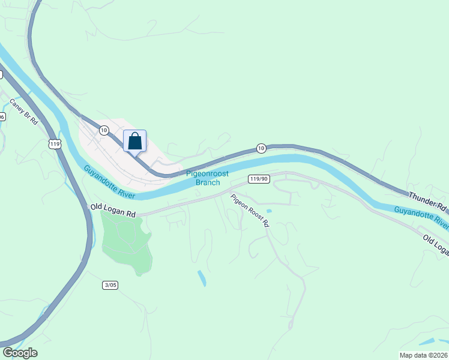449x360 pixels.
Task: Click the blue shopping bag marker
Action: (135, 142)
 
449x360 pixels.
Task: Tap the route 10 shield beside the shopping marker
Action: (104, 130)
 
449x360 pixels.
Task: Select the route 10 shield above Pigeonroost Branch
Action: (261, 148)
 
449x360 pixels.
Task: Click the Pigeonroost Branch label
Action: (207, 178)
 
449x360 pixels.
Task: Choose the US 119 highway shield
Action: (55, 144)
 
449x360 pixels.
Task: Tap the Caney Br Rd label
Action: (24, 111)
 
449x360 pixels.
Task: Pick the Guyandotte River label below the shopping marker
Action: (109, 182)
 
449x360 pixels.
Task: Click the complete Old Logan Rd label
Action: (113, 210)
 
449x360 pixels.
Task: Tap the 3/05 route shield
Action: (110, 285)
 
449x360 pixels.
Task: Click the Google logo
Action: (20, 353)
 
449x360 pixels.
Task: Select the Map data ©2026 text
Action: (424, 355)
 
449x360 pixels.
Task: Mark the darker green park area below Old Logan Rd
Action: (127, 240)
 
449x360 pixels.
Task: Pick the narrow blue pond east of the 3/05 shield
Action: (202, 278)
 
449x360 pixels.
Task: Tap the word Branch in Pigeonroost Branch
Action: (208, 182)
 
